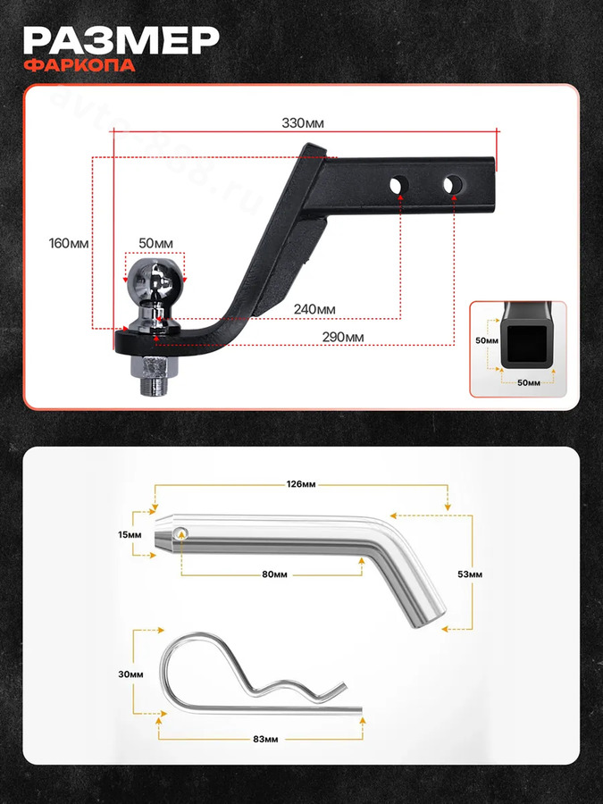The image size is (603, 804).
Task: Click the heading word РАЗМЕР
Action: tap(121, 40)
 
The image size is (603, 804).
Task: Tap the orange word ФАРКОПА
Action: tap(80, 65)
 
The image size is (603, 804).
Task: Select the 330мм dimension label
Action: tap(303, 123)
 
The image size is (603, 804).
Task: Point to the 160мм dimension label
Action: tap(69, 243)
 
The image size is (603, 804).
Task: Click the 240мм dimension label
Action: tap(314, 309)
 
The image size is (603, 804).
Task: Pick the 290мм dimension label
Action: tap(343, 338)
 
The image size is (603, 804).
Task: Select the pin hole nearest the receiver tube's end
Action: tap(453, 185)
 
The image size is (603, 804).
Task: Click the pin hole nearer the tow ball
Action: tap(399, 185)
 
